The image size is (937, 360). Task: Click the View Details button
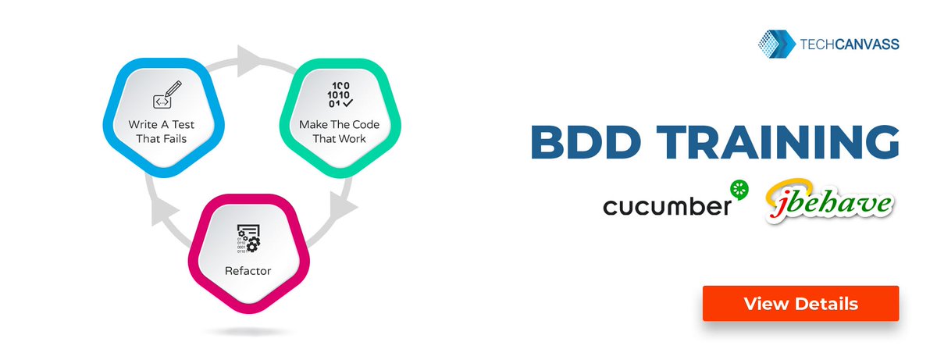tap(800, 303)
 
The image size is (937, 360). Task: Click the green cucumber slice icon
tap(739, 189)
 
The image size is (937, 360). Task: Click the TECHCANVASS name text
tap(850, 45)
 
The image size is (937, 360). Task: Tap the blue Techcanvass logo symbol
tap(776, 45)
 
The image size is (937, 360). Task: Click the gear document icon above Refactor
tap(248, 241)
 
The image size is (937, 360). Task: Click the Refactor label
tap(248, 272)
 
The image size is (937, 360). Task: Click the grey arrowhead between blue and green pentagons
tap(250, 57)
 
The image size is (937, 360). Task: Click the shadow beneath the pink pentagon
tap(248, 332)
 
